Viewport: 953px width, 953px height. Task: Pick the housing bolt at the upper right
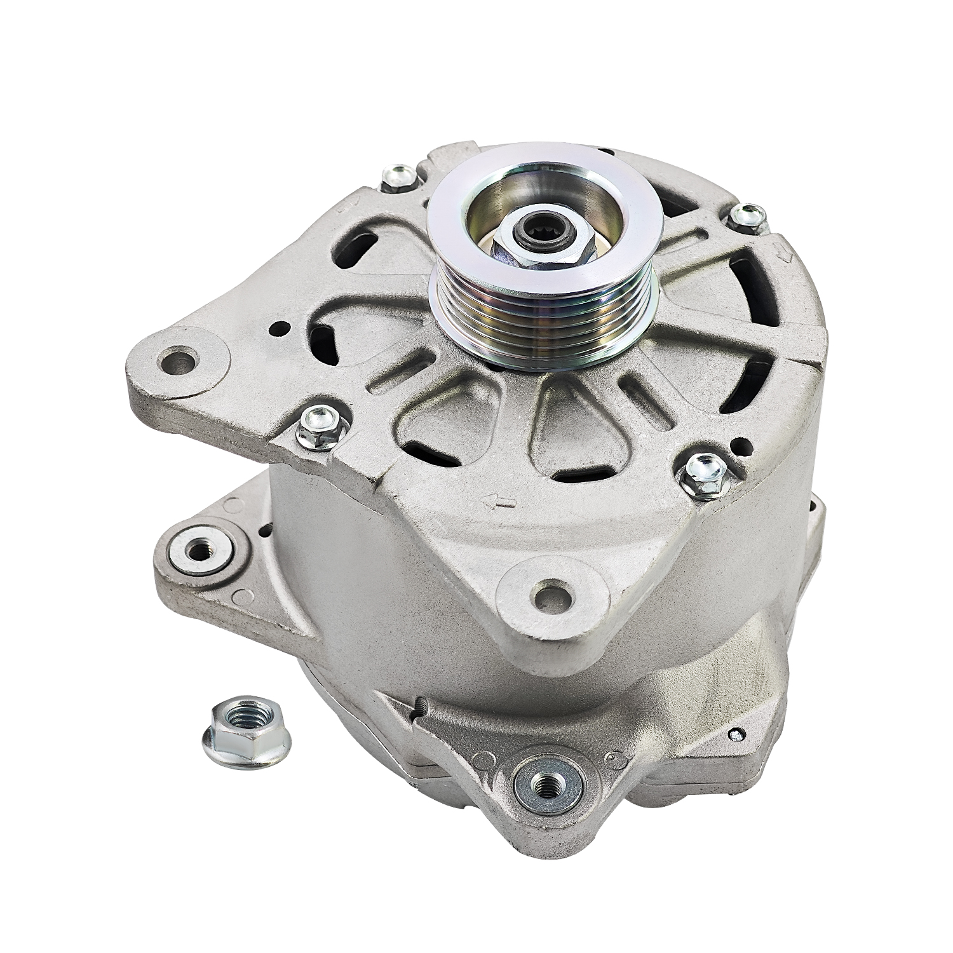747,217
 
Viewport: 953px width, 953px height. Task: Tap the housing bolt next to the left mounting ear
321,424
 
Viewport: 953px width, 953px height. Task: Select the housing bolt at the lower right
703,473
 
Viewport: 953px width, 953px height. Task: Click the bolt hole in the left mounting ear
180,360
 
